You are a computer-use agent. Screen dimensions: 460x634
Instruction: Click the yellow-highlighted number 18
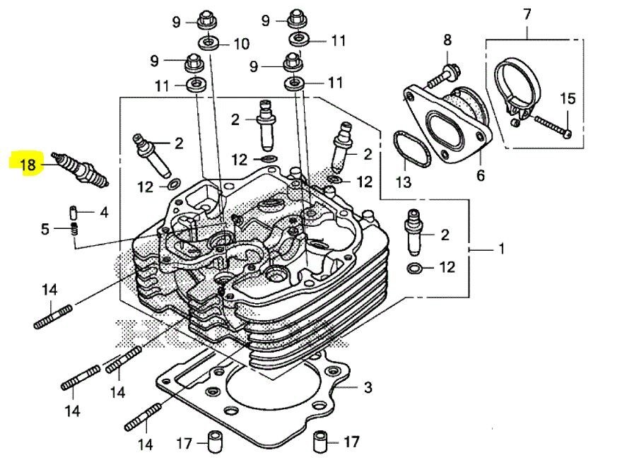(x=28, y=165)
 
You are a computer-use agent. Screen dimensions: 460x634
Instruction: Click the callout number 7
(x=527, y=13)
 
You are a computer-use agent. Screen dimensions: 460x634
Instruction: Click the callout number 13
(x=402, y=183)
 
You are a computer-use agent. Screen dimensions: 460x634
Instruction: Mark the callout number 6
(x=481, y=175)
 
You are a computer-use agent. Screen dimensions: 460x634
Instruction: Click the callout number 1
(x=500, y=249)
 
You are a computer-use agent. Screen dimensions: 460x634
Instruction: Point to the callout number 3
(x=367, y=388)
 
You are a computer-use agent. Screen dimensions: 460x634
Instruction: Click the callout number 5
(x=45, y=229)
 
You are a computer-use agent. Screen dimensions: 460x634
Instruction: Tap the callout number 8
(x=447, y=40)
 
